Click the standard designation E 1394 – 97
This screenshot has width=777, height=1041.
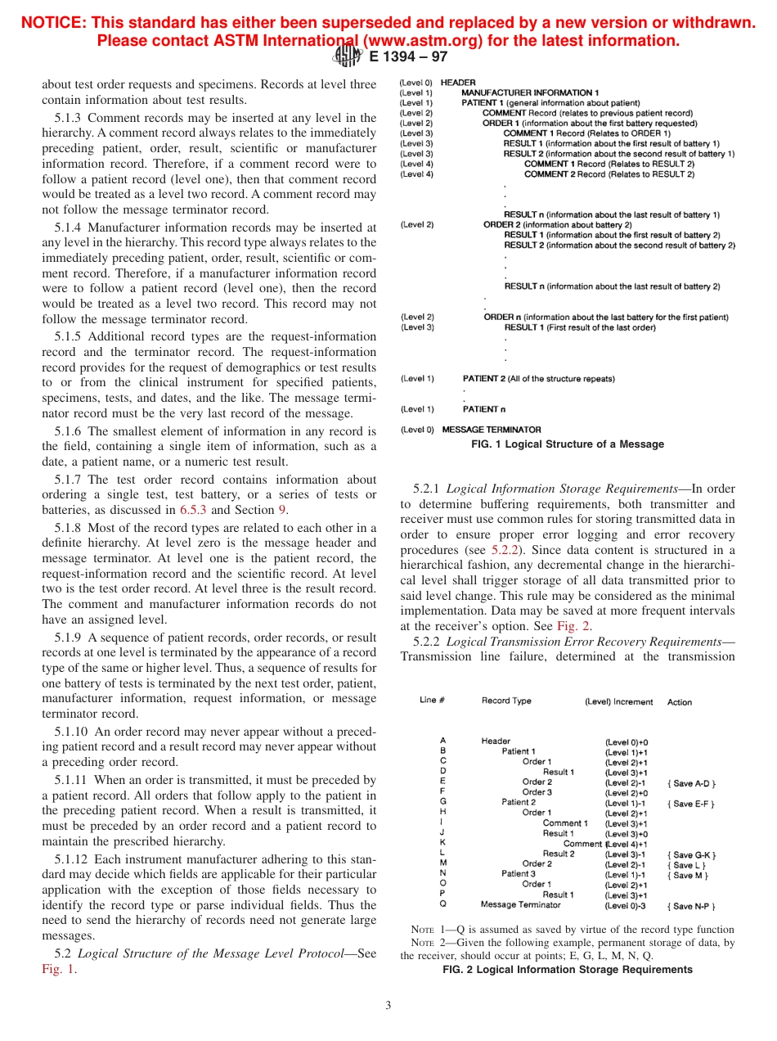pos(408,57)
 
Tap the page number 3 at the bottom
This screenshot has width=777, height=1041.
pos(388,1005)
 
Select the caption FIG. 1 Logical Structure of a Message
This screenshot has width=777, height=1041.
pos(568,444)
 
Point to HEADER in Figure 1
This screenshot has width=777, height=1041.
pos(458,83)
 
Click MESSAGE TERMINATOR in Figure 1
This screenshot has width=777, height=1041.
pos(491,429)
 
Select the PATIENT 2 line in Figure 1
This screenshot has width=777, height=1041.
pos(538,379)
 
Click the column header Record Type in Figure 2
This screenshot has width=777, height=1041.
pos(506,701)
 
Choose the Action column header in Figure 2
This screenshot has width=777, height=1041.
pos(680,702)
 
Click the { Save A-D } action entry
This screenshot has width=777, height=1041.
pos(691,782)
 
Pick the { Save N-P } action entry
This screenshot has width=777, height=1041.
pos(692,906)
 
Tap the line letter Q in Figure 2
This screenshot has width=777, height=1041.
pos(443,905)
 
